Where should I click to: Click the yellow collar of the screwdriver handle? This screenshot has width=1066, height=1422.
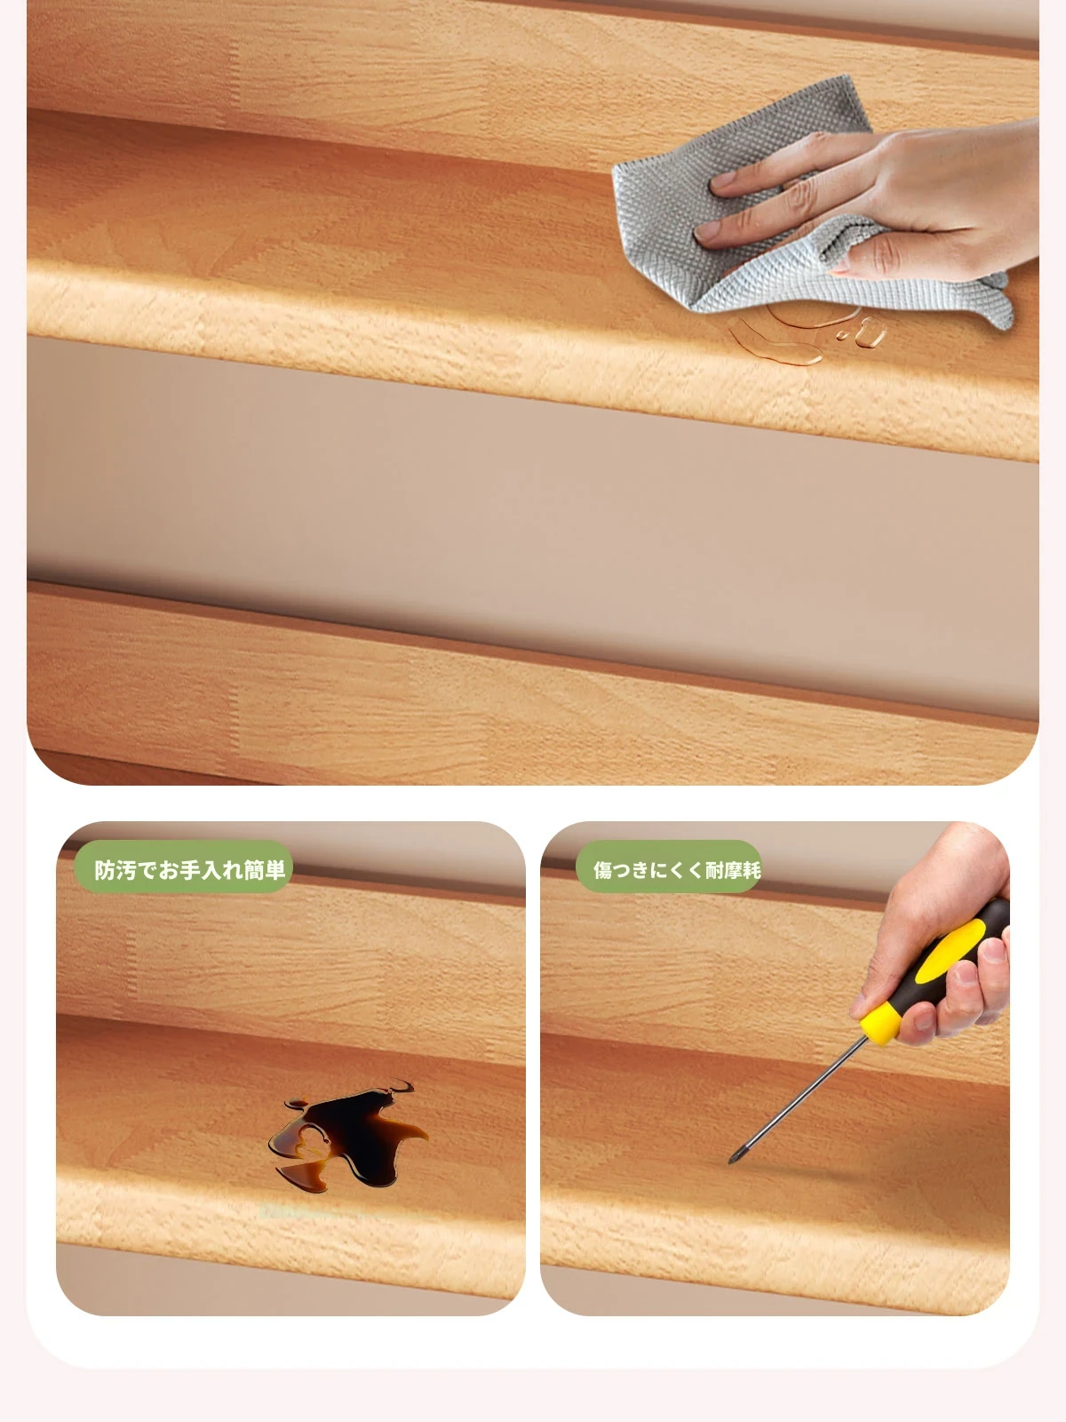(x=880, y=1024)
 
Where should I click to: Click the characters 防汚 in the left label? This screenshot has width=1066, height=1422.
(x=115, y=869)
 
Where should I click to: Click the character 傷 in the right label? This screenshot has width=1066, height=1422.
(x=602, y=869)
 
